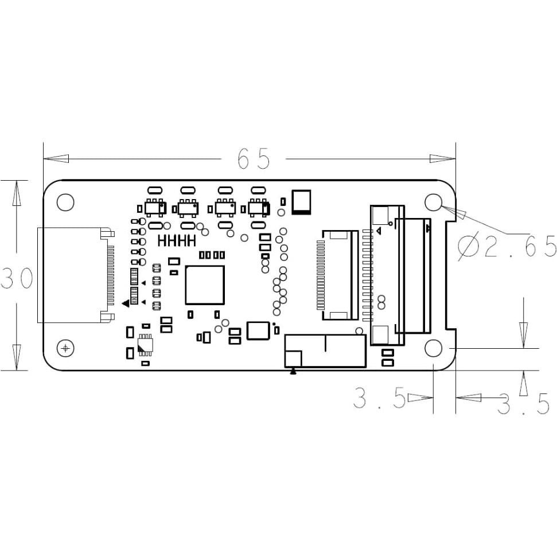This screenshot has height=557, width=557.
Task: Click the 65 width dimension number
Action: click(254, 159)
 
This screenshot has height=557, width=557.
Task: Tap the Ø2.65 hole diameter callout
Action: click(507, 247)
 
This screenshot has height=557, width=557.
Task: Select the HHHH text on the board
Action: click(177, 240)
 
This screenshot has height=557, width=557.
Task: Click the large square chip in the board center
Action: click(204, 285)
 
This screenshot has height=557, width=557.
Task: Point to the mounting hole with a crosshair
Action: click(66, 348)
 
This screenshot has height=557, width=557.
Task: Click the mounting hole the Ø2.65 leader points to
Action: click(433, 202)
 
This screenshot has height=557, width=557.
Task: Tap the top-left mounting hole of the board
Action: click(66, 202)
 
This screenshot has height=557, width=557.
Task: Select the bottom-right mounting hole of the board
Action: click(433, 348)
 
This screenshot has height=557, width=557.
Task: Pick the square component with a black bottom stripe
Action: click(302, 202)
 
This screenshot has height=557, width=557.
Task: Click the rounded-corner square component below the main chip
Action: click(258, 331)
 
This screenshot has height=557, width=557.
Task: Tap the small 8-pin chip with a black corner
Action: click(145, 346)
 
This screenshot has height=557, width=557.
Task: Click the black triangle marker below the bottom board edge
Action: click(293, 371)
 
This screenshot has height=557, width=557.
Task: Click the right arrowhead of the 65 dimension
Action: click(442, 158)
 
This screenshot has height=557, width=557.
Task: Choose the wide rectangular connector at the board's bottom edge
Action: click(325, 350)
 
